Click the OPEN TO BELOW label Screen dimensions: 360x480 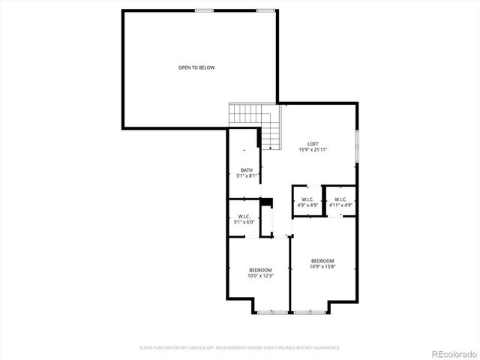pos(196,67)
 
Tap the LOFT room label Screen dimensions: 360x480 pos(313,144)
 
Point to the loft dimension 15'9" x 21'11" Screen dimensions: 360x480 pos(313,150)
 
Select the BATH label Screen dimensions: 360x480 pos(246,170)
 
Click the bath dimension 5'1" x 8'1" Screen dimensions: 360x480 pos(246,176)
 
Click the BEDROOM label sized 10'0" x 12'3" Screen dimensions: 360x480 pos(260,270)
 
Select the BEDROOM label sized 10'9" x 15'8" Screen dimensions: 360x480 pos(322,260)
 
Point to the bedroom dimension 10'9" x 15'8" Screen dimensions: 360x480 pos(322,266)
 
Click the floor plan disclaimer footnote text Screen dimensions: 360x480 pos(240,348)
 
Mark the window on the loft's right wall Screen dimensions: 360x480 pos(357,145)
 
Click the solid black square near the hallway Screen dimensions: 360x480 pos(265,202)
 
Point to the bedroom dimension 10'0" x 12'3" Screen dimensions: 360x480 pos(260,276)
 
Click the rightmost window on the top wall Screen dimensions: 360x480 pos(265,10)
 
